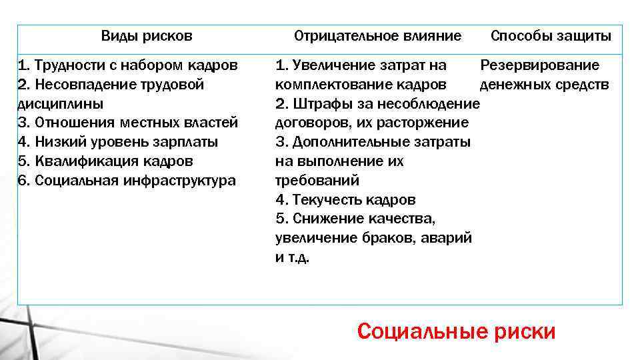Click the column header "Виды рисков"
[x=147, y=35]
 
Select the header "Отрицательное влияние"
[x=377, y=35]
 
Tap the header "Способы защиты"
[x=551, y=35]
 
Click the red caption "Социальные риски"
[x=456, y=331]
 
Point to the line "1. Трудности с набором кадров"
[x=127, y=65]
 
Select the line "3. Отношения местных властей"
[x=127, y=123]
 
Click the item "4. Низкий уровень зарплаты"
[x=118, y=142]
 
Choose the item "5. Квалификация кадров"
[x=106, y=161]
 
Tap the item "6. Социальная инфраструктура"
[x=127, y=181]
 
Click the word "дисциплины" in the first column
[x=60, y=104]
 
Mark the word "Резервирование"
[x=540, y=65]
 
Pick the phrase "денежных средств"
[x=544, y=85]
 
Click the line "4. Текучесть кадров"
[x=345, y=200]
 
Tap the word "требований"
[x=317, y=181]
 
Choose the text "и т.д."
[x=293, y=257]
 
